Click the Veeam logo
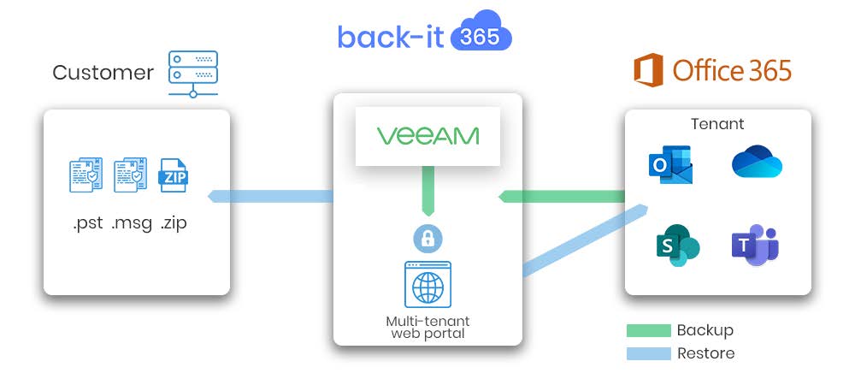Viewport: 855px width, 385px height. tap(427, 136)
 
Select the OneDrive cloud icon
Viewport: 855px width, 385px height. tap(757, 163)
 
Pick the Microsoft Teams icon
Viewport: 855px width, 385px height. tap(755, 246)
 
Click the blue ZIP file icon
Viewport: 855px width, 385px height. tap(175, 175)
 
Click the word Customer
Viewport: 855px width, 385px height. tap(103, 73)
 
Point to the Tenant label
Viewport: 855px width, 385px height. tap(717, 124)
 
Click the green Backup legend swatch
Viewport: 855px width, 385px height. tap(647, 330)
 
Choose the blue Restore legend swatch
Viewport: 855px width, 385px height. tap(647, 352)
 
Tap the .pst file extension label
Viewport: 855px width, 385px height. tap(88, 224)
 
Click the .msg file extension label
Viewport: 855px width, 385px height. tap(132, 224)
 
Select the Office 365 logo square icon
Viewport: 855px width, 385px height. tap(648, 70)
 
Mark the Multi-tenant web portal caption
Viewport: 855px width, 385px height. tap(427, 327)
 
